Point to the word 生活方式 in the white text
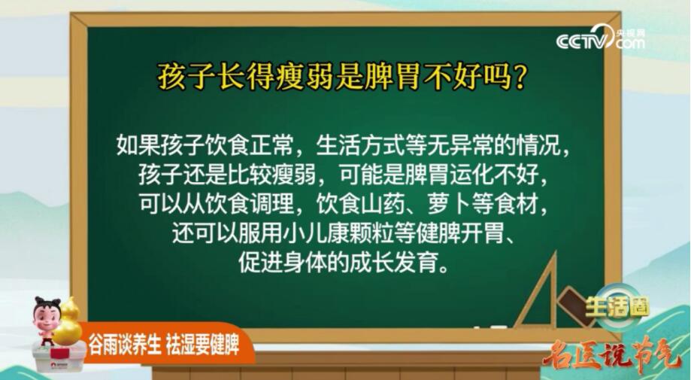(359, 144)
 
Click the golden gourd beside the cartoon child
(68, 321)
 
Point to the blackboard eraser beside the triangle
(574, 304)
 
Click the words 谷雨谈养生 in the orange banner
(125, 345)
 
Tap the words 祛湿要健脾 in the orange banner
(202, 345)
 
